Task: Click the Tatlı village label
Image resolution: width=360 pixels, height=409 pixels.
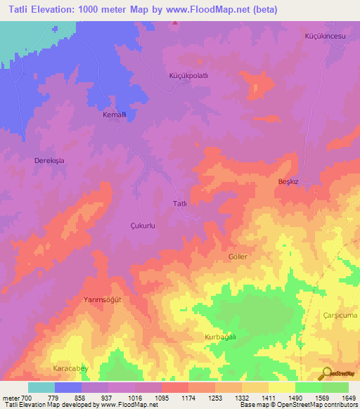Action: tap(179, 204)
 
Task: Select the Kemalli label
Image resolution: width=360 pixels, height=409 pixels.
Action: tap(114, 115)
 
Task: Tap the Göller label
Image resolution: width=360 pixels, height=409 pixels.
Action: tap(238, 257)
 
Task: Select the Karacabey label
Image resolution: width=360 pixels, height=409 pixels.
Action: tap(72, 368)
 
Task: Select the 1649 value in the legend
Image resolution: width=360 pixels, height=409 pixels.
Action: tap(349, 398)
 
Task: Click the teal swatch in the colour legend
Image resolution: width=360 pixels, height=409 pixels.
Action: tap(41, 387)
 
